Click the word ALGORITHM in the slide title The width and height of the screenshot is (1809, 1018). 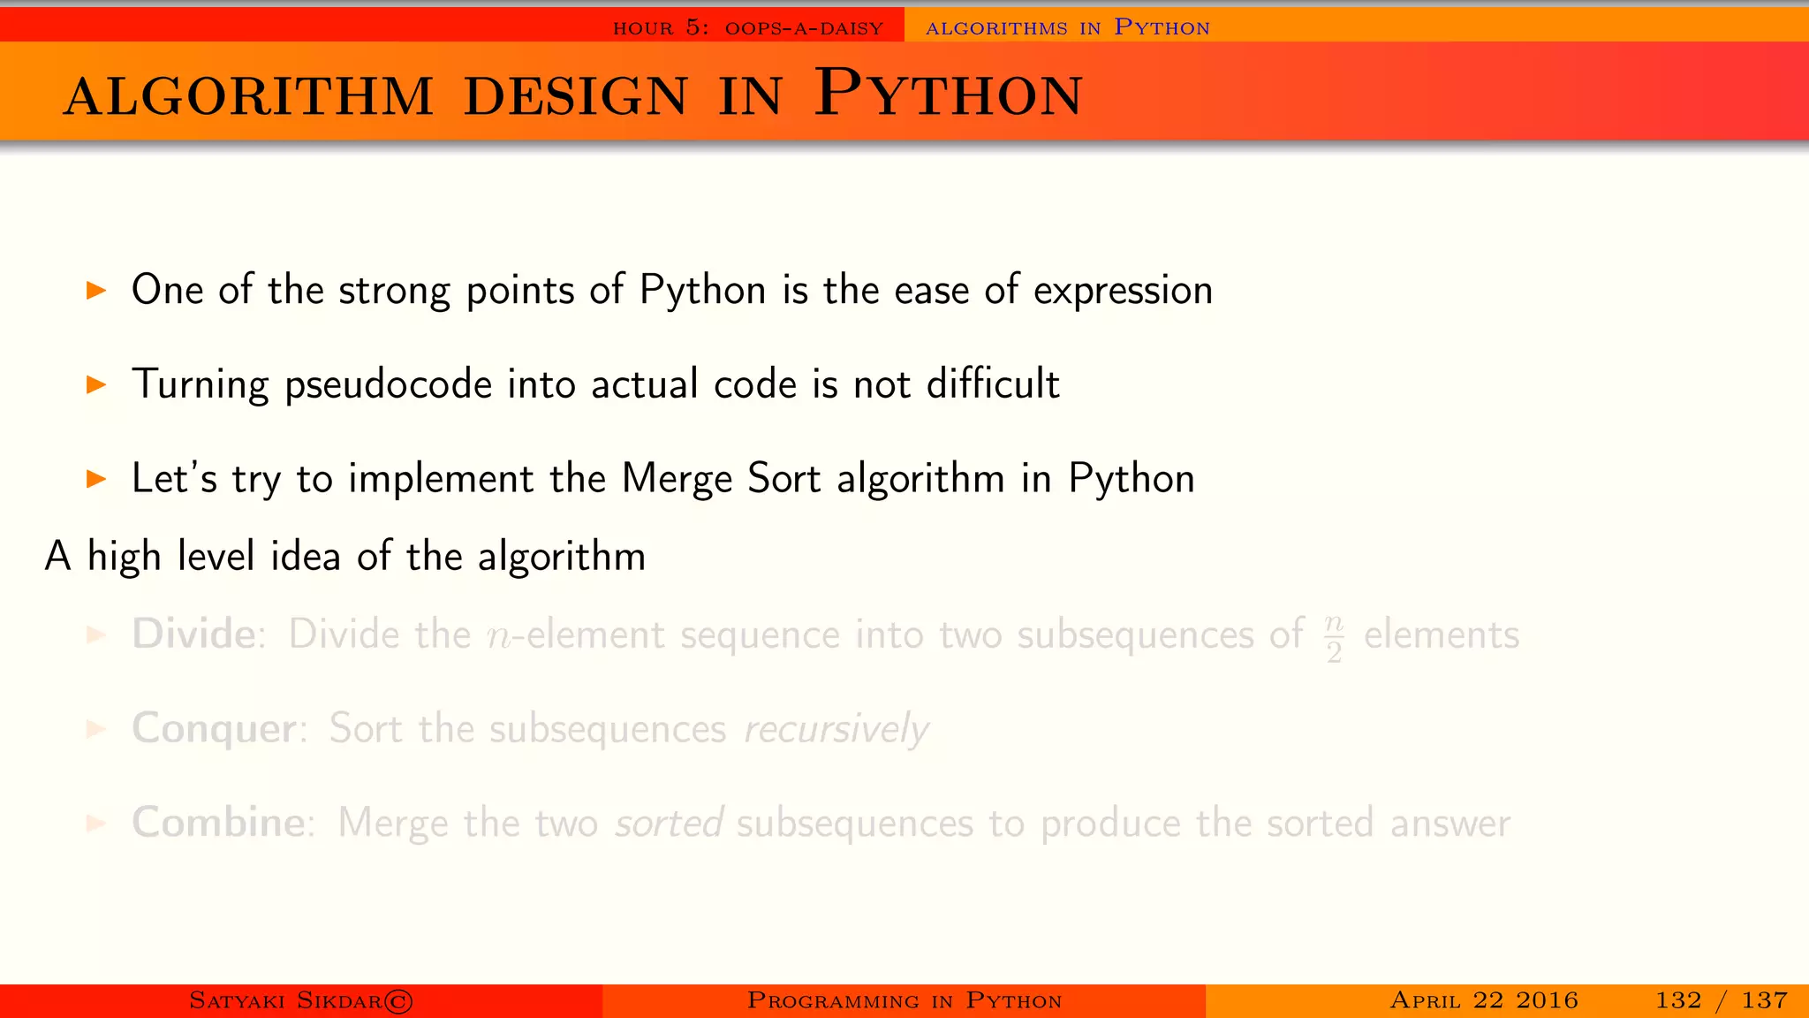point(248,96)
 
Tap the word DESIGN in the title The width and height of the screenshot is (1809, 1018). point(575,96)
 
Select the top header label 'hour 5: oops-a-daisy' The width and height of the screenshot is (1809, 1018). point(748,28)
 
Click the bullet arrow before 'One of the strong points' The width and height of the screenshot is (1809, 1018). point(96,290)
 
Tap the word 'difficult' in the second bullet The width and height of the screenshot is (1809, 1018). point(993,384)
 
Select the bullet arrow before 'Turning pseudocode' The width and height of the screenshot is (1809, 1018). point(96,384)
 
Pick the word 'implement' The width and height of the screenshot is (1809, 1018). point(442,480)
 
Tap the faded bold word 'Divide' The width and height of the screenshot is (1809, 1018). point(193,634)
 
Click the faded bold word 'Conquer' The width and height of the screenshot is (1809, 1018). point(214,729)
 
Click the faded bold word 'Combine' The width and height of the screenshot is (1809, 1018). point(218,823)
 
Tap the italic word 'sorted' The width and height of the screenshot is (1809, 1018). point(670,824)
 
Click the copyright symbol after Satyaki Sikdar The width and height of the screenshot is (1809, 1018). point(398,1001)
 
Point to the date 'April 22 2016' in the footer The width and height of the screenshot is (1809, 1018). point(1484,1000)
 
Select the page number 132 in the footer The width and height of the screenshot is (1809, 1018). point(1678,1000)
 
